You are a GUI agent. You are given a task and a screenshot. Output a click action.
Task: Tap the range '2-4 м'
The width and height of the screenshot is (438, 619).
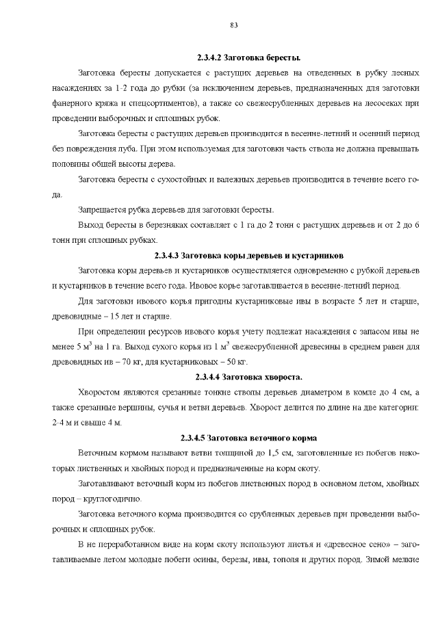64,422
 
